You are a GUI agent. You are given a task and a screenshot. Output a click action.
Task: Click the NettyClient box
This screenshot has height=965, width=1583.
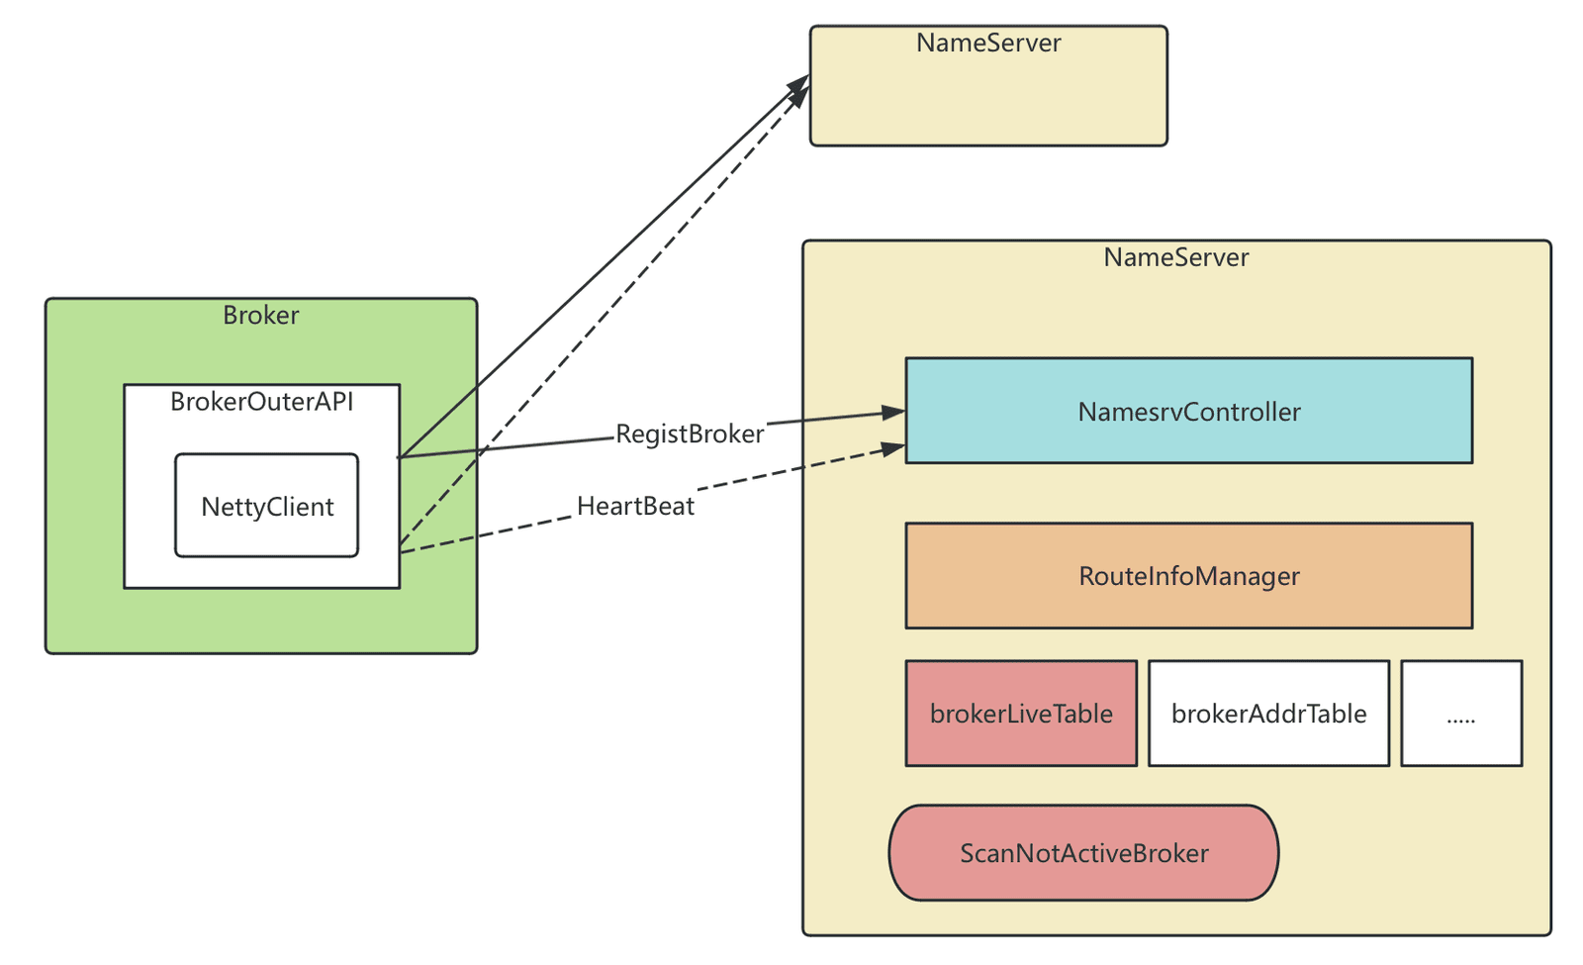pyautogui.click(x=266, y=506)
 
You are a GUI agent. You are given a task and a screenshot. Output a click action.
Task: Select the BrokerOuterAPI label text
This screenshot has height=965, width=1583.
pyautogui.click(x=261, y=402)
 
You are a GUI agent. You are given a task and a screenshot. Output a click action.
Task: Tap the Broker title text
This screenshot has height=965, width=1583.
pyautogui.click(x=261, y=316)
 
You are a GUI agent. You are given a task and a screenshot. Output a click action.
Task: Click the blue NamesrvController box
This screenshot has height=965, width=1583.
pyautogui.click(x=1188, y=411)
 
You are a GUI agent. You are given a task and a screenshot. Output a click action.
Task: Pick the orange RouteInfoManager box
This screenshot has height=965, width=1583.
pyautogui.click(x=1188, y=575)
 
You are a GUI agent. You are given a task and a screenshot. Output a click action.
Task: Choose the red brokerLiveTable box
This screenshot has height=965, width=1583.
pyautogui.click(x=1021, y=714)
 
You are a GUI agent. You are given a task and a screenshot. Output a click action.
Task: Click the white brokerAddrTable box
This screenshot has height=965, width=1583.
pyautogui.click(x=1268, y=714)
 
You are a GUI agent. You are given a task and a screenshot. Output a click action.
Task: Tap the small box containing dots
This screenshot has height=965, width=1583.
pyautogui.click(x=1461, y=714)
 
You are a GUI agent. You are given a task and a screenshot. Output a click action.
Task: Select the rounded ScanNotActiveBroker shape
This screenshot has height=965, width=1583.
pyautogui.click(x=1083, y=852)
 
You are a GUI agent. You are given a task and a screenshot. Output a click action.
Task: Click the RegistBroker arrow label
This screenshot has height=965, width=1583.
pyautogui.click(x=690, y=434)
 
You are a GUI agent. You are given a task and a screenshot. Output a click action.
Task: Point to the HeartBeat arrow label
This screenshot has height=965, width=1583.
pyautogui.click(x=635, y=506)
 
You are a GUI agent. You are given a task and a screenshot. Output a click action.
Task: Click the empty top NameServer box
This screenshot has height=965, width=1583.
pyautogui.click(x=988, y=86)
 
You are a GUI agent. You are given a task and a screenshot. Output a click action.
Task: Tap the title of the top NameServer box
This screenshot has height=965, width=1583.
pyautogui.click(x=988, y=44)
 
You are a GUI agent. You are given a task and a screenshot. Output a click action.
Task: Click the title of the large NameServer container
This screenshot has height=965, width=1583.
pyautogui.click(x=1176, y=257)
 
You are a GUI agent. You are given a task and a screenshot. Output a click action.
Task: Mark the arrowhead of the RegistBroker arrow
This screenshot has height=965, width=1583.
pyautogui.click(x=894, y=412)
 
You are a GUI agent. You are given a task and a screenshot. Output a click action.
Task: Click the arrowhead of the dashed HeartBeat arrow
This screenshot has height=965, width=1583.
pyautogui.click(x=893, y=448)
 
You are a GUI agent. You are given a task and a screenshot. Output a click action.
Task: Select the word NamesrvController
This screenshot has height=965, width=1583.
pyautogui.click(x=1188, y=412)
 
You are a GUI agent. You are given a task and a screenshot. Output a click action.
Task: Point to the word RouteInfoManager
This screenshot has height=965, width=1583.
pyautogui.click(x=1188, y=576)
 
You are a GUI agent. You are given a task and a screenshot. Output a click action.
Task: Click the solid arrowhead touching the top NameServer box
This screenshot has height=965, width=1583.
pyautogui.click(x=799, y=83)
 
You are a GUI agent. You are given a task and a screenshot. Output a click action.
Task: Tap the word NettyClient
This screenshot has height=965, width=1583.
pyautogui.click(x=267, y=507)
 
